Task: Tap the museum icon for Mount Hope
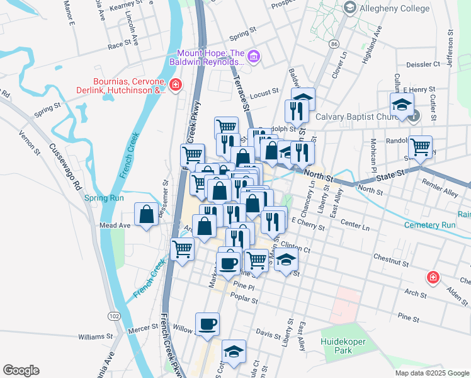coord(254,57)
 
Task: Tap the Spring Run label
coord(99,198)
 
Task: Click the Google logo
coord(21,370)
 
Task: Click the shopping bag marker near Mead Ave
coord(146,214)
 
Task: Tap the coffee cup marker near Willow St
coord(207,324)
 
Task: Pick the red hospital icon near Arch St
coord(433,277)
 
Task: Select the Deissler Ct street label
coord(423,64)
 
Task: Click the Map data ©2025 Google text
coord(431,373)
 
